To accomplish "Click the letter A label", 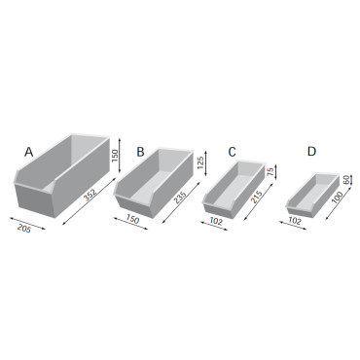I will click(x=29, y=152).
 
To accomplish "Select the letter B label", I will click(x=140, y=152).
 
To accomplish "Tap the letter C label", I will click(x=232, y=152).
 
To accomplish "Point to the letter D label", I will click(x=311, y=152).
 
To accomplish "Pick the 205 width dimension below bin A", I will click(x=24, y=228).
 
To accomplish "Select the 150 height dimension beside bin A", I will click(x=115, y=156).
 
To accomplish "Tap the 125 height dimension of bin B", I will click(x=199, y=162).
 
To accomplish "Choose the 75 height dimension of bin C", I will click(x=270, y=171).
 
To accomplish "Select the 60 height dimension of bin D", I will click(x=347, y=182).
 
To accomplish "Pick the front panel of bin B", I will click(x=134, y=204).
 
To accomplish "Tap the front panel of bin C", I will click(x=219, y=205).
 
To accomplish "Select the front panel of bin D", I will click(x=300, y=207).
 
